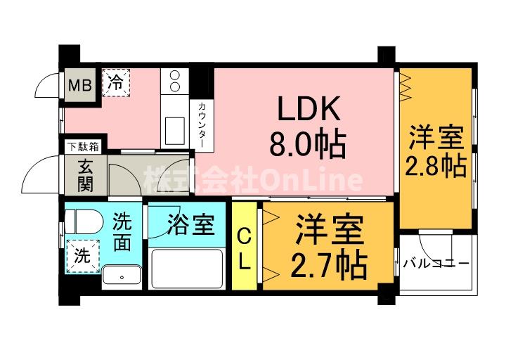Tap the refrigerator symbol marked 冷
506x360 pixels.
(x=117, y=82)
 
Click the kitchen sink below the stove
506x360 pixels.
(x=173, y=131)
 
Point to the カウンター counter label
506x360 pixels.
(x=202, y=124)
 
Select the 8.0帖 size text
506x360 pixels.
(x=308, y=145)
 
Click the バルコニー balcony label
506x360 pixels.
(x=436, y=264)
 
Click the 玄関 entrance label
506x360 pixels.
(x=85, y=178)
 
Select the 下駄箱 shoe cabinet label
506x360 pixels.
(x=83, y=146)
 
